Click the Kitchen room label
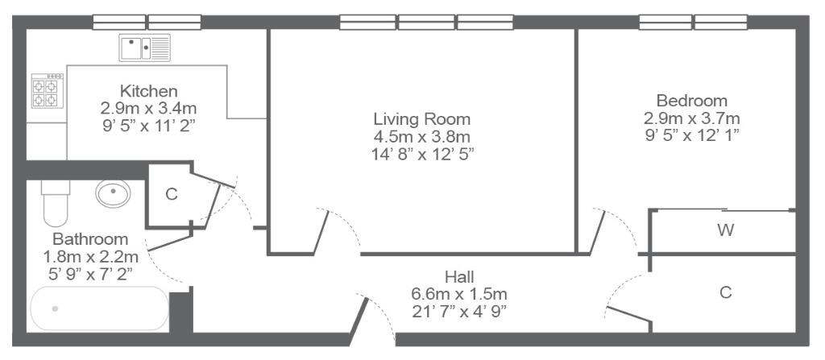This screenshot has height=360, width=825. coord(148,90)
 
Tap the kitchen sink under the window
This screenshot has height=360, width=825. coord(145,48)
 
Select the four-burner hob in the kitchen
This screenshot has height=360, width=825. coord(48,90)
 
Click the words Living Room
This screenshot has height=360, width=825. coord(422,118)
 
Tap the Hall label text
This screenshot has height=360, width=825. coord(459,276)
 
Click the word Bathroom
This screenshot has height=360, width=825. coord(90,239)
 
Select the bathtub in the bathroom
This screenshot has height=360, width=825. coord(99,308)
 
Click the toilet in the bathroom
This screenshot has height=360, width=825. coord(56,203)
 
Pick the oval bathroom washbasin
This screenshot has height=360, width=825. coord(113,193)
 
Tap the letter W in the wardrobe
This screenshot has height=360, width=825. coord(726,230)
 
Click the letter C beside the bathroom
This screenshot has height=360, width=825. coord(172,194)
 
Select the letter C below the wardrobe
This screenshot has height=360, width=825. coord(726,292)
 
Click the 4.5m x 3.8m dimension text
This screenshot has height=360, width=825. coord(422,137)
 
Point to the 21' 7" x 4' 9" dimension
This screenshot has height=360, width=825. coord(459,311)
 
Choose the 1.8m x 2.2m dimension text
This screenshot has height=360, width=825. coord(90,257)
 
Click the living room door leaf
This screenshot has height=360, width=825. coord(321,233)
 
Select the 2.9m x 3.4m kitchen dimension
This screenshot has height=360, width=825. coord(148,109)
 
